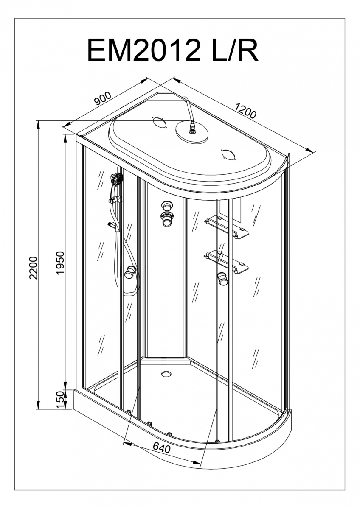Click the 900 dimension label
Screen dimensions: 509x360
103,98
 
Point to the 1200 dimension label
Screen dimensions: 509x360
245,111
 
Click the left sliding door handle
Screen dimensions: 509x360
130,272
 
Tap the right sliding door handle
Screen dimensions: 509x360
222,279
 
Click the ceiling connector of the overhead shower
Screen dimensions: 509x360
192,125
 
